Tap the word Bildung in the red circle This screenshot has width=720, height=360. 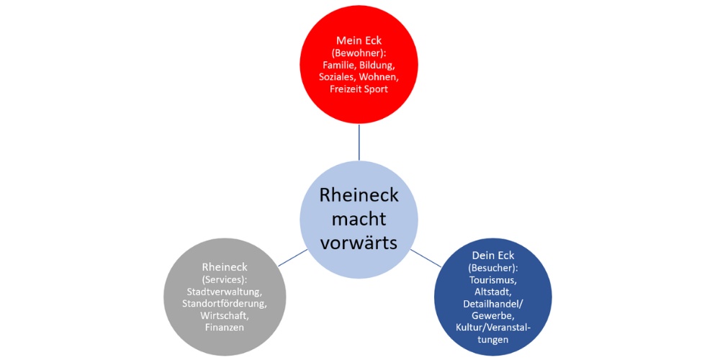[x=377, y=65]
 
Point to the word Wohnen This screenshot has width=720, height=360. [x=379, y=77]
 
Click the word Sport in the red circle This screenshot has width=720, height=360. [x=376, y=89]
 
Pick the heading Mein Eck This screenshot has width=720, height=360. [x=359, y=40]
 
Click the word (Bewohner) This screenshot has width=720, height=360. [x=359, y=53]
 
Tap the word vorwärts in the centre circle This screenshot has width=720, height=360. [x=359, y=243]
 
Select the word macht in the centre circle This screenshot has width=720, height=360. [x=359, y=219]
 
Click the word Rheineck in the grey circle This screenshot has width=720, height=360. [x=225, y=267]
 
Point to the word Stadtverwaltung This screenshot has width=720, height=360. [x=225, y=292]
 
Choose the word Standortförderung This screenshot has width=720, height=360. [x=225, y=303]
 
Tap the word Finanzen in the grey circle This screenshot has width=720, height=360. [x=225, y=328]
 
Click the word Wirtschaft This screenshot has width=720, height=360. [x=225, y=315]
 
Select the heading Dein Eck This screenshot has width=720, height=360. [x=493, y=256]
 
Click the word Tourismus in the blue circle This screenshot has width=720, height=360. [x=493, y=280]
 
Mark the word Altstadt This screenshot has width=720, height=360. [x=493, y=292]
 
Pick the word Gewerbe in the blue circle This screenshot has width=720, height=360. [x=493, y=315]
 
